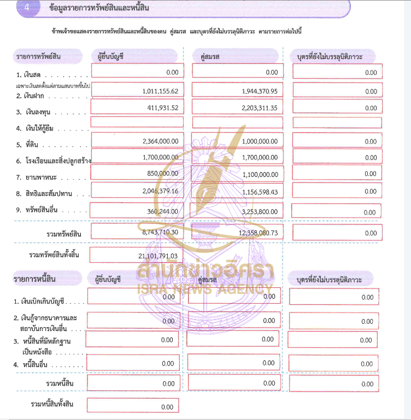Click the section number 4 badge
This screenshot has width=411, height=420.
point(24,9)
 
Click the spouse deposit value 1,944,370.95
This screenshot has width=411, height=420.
point(259,91)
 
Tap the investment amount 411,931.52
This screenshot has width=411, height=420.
point(163,108)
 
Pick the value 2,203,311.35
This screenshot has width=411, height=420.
point(259,108)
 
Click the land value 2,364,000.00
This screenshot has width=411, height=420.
point(160,141)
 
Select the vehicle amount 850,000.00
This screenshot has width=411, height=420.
point(163,173)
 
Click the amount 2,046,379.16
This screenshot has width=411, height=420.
point(160,192)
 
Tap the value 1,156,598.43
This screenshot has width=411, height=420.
point(259,192)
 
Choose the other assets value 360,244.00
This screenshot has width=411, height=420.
point(163,212)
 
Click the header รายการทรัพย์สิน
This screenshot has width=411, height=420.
point(38,56)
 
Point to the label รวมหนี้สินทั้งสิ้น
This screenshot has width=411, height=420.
point(52,404)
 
